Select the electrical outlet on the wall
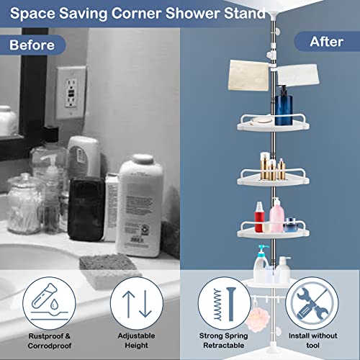pyautogui.click(x=71, y=90)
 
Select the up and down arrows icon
pyautogui.click(x=137, y=301)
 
